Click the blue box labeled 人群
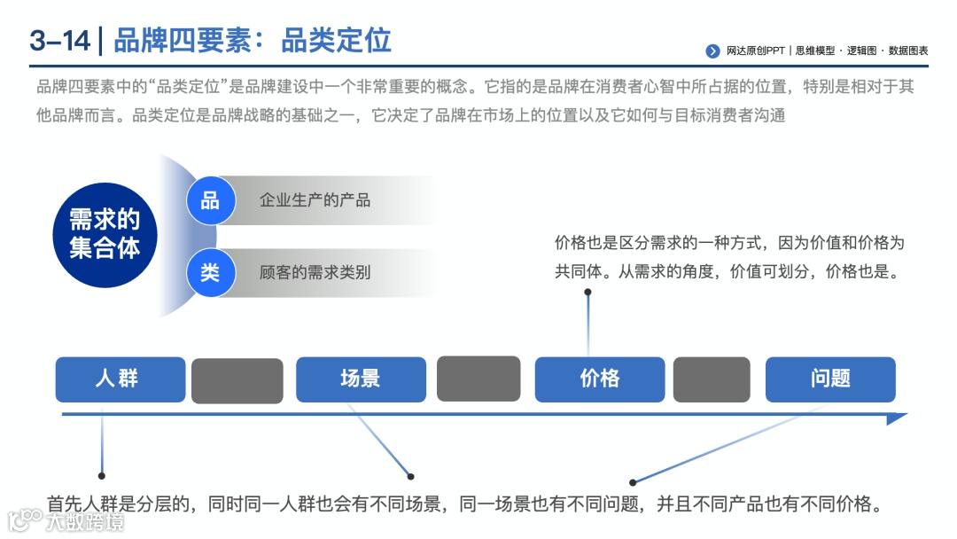coord(120,379)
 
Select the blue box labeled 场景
coord(361,379)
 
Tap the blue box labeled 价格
coord(599,379)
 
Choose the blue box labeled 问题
coord(830,379)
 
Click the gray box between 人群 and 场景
coord(237,381)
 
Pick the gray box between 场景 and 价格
coord(478,379)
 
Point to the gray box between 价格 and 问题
coord(712,379)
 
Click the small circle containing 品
coord(210,200)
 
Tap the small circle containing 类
coord(210,272)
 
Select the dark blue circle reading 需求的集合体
coord(105,234)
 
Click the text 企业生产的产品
coord(315,200)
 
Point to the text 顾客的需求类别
coord(315,272)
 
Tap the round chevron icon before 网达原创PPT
coord(712,51)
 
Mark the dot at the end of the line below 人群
coord(102,475)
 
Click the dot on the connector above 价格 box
coord(587,291)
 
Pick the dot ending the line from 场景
coord(410,476)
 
